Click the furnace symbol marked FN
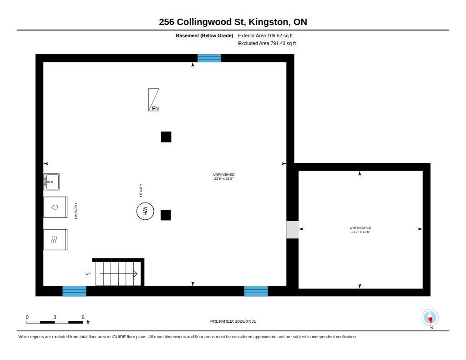coord(154,100)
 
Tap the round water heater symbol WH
coord(145,211)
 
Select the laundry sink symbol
coord(51,182)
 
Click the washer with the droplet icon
coord(55,207)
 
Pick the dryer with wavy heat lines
coord(55,239)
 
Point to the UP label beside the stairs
coord(88,274)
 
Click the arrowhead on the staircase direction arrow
coord(136,274)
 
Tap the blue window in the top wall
coord(209,58)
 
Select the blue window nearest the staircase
coord(74,291)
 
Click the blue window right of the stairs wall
coord(256,291)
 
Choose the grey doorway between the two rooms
coord(293,229)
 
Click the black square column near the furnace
coord(166,137)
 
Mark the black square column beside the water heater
coord(166,215)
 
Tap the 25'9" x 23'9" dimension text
coord(224,179)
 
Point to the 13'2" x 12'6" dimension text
coord(360,232)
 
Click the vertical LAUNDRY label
coord(76,211)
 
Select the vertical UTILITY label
coord(141,190)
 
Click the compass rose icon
coord(430,318)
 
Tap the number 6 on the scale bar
coord(83,317)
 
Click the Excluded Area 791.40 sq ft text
coord(267,43)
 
